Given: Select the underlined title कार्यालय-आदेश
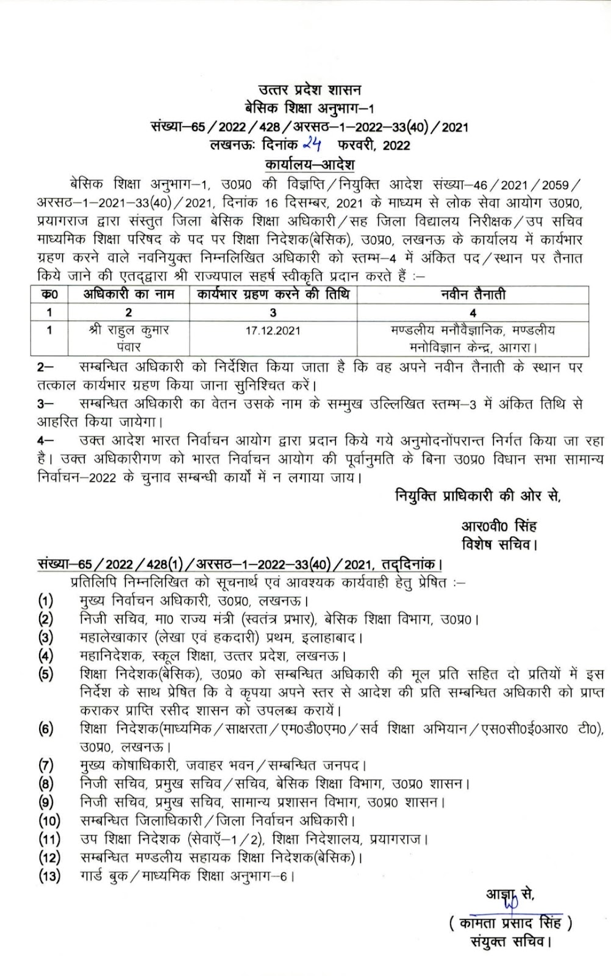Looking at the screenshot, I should click(310, 165).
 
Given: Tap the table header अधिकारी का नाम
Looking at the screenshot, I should click(129, 295).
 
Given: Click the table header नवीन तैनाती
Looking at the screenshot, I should click(473, 295).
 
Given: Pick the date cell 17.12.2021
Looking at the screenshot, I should click(273, 331).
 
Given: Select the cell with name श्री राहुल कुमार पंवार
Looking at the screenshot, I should click(129, 338).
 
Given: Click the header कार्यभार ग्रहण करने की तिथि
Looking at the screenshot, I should click(273, 295).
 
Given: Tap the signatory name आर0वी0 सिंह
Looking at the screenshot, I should click(499, 526).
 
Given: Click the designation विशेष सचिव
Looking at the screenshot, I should click(499, 544).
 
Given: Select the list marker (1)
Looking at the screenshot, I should click(46, 601).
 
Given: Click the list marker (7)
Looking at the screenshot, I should click(46, 765).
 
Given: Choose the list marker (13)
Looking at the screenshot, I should click(49, 877).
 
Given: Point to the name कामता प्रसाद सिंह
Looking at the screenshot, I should click(510, 923).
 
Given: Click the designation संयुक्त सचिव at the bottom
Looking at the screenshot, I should click(511, 942).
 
